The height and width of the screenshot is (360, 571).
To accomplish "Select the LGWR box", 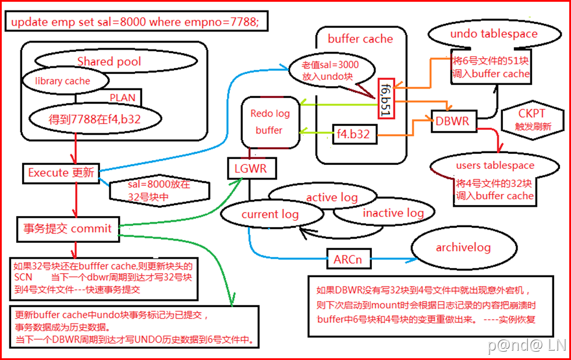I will click(x=251, y=170).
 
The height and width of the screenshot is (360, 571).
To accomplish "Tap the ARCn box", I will click(x=347, y=259).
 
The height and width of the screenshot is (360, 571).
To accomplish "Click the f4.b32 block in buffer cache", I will click(x=354, y=135).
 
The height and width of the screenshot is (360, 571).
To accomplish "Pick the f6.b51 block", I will click(x=385, y=98).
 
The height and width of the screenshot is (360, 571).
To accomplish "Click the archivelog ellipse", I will click(x=463, y=248).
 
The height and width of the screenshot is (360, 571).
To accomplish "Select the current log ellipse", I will click(x=269, y=214).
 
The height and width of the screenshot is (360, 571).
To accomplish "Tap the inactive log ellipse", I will click(x=393, y=213).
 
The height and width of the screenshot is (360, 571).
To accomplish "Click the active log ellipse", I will click(x=332, y=197).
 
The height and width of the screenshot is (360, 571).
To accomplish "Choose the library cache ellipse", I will click(x=62, y=81).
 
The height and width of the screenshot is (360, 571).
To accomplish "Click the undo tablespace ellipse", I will click(x=494, y=34).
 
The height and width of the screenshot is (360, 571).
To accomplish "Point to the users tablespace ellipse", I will click(x=495, y=165).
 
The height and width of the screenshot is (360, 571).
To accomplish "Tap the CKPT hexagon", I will click(x=531, y=118).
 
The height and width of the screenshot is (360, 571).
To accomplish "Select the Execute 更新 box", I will click(x=60, y=172).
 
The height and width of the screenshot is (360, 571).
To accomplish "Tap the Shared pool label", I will click(x=109, y=61).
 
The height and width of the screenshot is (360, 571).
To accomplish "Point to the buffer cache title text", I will click(x=360, y=39).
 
